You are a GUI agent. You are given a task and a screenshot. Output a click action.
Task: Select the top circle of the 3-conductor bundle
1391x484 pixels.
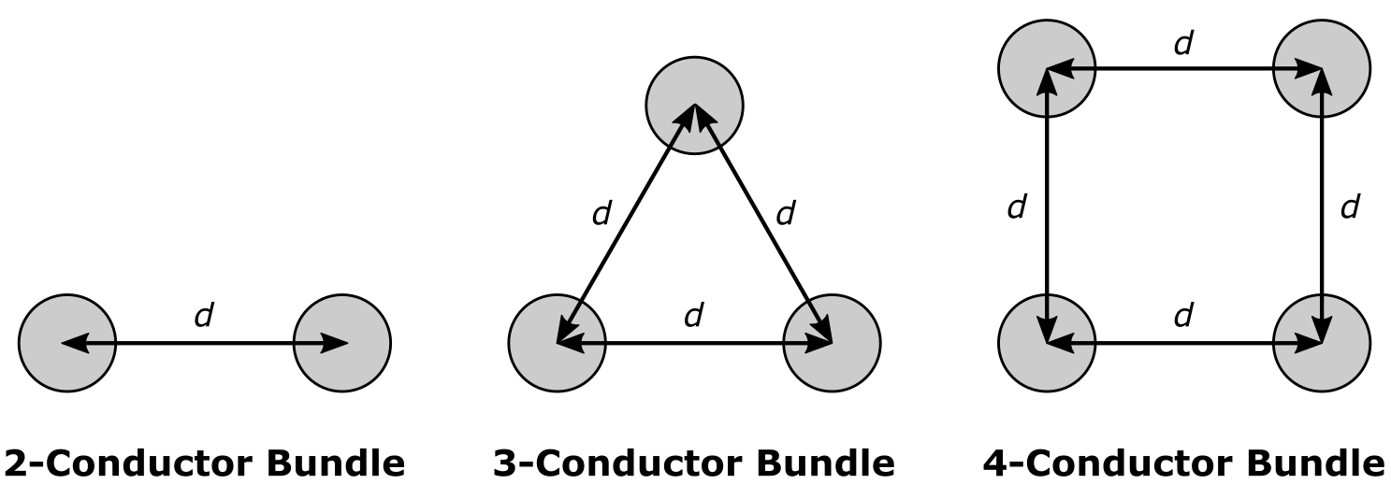tap(694, 104)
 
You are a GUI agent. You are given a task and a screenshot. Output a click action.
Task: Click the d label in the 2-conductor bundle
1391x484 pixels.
tap(203, 316)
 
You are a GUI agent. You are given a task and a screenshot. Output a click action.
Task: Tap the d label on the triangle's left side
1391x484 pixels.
tap(601, 214)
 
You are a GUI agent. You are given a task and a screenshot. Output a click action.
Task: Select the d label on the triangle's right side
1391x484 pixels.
tap(785, 214)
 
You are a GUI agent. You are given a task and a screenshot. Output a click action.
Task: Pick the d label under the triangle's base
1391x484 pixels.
tap(693, 316)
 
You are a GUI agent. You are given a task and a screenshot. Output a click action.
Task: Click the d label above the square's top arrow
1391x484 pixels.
tap(1183, 43)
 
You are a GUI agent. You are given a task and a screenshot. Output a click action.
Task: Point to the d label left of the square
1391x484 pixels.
tap(1017, 207)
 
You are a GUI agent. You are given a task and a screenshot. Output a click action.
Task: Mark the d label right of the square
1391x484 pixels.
tap(1349, 207)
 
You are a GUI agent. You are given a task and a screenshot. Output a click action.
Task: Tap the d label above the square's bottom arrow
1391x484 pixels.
tap(1183, 316)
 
